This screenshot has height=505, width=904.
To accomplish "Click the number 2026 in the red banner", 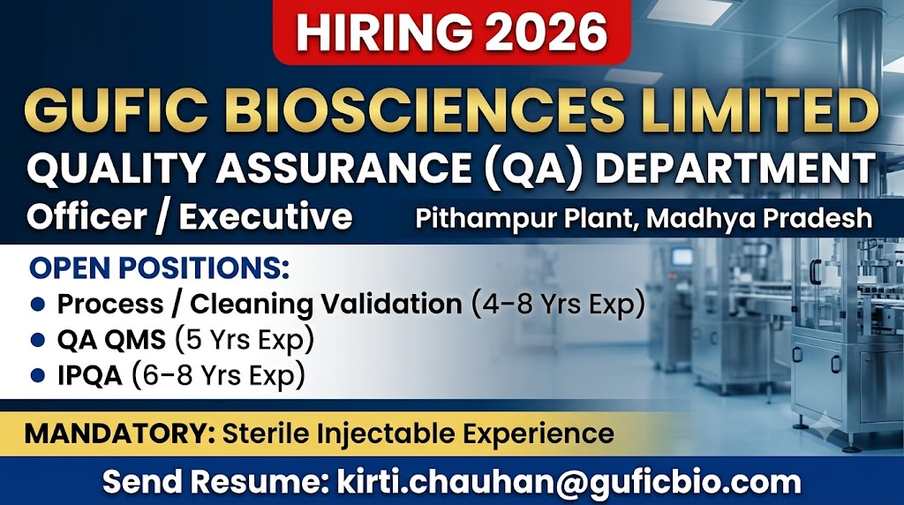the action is click(546, 33).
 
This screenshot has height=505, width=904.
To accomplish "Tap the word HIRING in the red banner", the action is click(385, 33).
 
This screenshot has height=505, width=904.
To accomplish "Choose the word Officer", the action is click(87, 217).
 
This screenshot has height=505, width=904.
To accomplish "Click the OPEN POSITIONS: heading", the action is click(159, 268).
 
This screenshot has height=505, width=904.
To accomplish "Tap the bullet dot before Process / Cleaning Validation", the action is click(38, 305).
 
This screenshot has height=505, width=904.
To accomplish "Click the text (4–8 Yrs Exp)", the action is click(558, 305).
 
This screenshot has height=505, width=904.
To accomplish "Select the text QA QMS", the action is click(111, 340).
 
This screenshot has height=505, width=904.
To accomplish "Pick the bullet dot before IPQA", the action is click(38, 376).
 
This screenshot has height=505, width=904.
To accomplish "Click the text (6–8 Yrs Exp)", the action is click(219, 376).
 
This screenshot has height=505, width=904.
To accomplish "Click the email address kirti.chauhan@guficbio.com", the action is click(569, 483).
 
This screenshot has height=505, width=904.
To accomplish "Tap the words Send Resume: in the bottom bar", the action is click(212, 482).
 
